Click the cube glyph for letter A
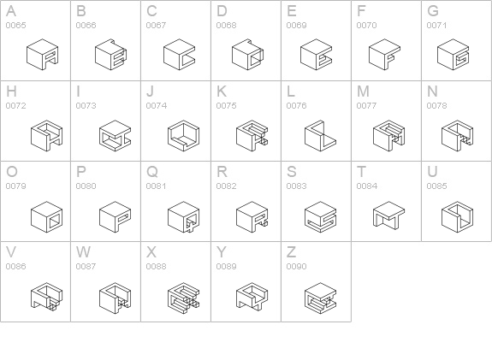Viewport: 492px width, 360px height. pos(43,55)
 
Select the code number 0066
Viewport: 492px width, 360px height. pos(86,25)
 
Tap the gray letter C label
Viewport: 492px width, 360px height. pos(151,11)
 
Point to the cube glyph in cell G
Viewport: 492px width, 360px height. pos(453,55)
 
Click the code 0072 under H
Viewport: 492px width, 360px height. pos(15,106)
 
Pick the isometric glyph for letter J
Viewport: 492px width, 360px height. pos(184,135)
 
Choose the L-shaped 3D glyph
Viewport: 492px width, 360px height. pos(320,135)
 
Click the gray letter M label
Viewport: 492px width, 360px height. pos(363,91)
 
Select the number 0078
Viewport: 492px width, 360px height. pos(436,106)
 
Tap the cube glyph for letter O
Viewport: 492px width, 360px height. pos(47,216)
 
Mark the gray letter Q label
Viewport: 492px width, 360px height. pos(152,172)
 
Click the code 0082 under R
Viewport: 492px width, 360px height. pos(226,186)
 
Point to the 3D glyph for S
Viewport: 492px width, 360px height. pos(320,216)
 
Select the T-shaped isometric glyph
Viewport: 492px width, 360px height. pos(388,215)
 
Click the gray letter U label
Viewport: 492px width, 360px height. pos(432,172)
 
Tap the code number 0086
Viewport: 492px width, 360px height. pos(15,266)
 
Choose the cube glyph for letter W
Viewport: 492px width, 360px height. pos(116,298)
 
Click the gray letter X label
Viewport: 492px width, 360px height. pos(151,252)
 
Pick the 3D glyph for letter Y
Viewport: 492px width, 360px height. pos(252,297)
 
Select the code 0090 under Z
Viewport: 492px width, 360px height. pos(297,266)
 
